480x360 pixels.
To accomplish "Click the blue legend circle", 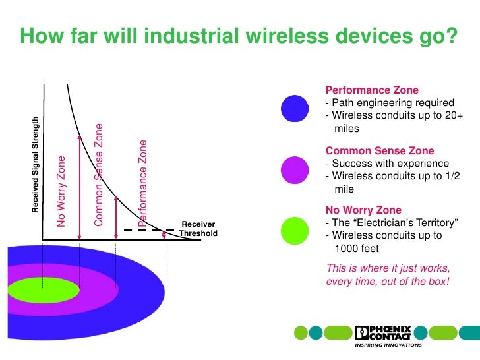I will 295,108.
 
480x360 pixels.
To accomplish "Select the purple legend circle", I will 295,169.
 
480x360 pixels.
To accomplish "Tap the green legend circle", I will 295,230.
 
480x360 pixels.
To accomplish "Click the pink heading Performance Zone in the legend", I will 373,90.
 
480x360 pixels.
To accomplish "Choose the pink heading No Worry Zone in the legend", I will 363,210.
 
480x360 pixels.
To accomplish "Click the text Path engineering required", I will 392,104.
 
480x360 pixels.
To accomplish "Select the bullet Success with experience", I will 390,164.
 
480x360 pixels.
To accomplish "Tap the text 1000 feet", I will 357,249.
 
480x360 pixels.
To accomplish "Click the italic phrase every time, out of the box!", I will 388,281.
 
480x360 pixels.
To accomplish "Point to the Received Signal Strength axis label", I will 36,164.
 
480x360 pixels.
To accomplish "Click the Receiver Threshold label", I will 198,229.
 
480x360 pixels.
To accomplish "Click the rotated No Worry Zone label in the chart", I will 61,191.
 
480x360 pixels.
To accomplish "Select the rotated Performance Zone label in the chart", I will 143,183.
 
